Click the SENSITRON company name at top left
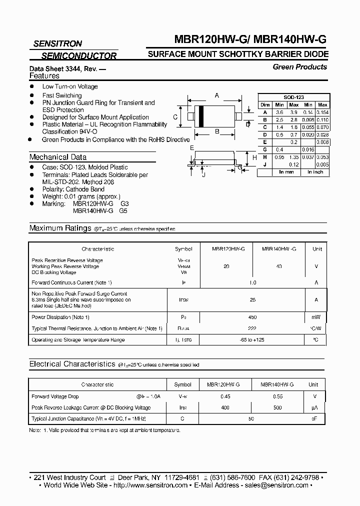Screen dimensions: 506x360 57,44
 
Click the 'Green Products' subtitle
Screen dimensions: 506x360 300,67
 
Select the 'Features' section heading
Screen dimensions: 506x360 44,76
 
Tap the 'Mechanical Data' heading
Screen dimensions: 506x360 58,157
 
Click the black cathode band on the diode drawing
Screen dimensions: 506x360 200,117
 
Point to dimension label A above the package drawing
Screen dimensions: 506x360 217,95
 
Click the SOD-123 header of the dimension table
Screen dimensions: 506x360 293,97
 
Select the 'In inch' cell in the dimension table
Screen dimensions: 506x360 315,171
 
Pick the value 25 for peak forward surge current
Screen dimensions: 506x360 252,300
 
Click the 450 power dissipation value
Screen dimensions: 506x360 252,317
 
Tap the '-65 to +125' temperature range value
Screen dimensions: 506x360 252,340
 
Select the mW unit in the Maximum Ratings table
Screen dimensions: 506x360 316,317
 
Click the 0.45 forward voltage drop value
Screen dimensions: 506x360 225,396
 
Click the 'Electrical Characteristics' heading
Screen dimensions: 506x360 72,364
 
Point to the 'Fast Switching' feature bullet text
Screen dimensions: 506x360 62,95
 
